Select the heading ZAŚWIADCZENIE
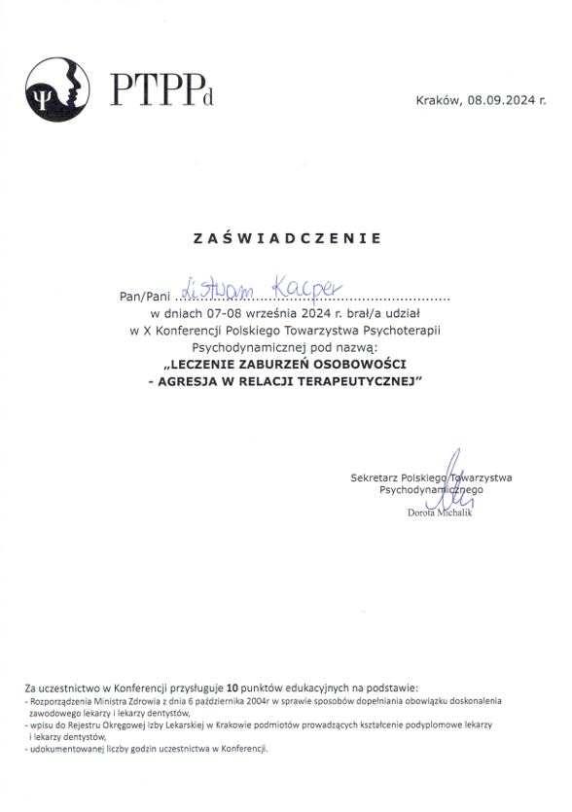(287, 237)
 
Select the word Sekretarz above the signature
(381, 477)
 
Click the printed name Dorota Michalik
(439, 512)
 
